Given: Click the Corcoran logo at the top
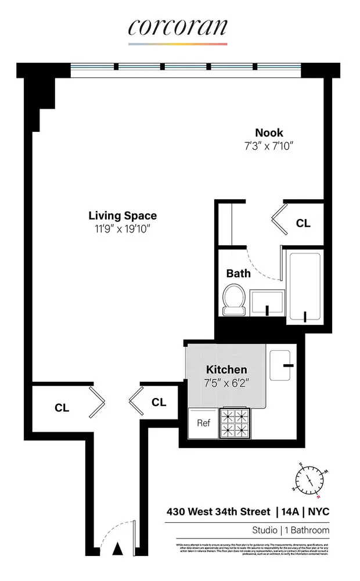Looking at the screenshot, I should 178,27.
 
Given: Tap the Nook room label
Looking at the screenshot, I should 268,133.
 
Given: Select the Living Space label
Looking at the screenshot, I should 123,216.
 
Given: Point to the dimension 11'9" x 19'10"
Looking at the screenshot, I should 123,229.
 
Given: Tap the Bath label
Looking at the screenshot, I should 238,272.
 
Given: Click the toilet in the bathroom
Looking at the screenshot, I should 234,300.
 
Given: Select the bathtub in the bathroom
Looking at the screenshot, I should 304,288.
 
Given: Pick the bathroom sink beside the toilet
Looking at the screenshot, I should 267,302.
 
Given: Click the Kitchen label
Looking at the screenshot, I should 226,370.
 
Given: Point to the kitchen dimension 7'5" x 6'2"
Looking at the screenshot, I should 226,383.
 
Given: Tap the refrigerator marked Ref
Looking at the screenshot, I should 203,423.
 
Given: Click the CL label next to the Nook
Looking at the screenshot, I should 303,223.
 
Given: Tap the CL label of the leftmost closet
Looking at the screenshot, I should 62,408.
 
